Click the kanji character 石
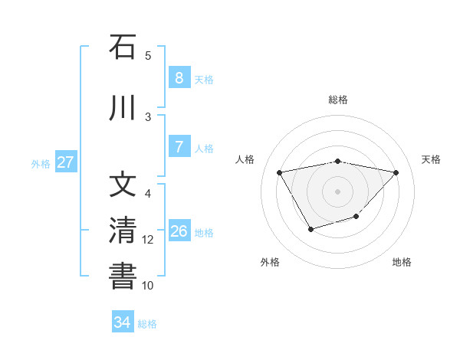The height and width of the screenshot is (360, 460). point(123,47)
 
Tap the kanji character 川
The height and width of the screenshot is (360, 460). point(123,109)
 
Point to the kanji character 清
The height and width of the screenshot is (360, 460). point(123,231)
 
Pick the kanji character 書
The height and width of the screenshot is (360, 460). point(123,277)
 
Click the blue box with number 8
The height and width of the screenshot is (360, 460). point(179,78)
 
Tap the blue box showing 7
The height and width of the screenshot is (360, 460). point(179,147)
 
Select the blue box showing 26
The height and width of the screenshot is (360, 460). point(179,231)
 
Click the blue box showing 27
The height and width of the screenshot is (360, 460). point(65,162)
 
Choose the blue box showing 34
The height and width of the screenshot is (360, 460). point(122,322)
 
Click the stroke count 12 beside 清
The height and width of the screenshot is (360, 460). point(148,240)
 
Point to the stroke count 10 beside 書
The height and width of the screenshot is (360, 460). point(148,286)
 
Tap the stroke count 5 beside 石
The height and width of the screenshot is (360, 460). point(148,56)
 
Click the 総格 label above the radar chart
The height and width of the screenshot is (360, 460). point(337,100)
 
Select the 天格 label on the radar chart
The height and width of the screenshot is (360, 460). point(432,159)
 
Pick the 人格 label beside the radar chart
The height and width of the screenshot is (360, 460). point(245,159)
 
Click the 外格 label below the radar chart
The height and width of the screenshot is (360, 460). point(270,262)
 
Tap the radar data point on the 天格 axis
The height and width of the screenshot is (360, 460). point(396,172)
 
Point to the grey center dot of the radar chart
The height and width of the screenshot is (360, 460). point(337,191)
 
